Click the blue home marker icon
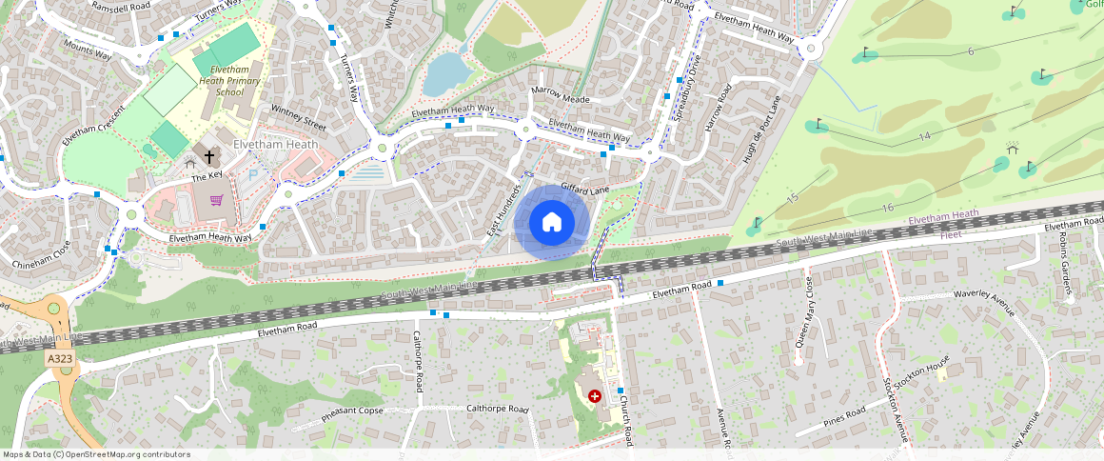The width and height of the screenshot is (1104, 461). (x=552, y=223)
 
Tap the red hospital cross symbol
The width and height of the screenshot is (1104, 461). (x=596, y=395)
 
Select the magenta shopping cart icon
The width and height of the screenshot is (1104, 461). (x=217, y=200)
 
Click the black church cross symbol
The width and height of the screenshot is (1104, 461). (x=209, y=156)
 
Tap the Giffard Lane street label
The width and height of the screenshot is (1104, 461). (x=584, y=190)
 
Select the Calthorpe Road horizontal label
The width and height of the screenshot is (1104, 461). (x=497, y=410)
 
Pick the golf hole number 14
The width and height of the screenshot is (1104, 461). (x=924, y=136)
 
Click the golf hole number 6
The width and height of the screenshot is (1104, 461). (x=971, y=50)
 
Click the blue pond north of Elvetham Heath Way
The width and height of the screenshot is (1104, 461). (x=444, y=74)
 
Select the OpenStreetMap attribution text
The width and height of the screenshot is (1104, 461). (x=96, y=454)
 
